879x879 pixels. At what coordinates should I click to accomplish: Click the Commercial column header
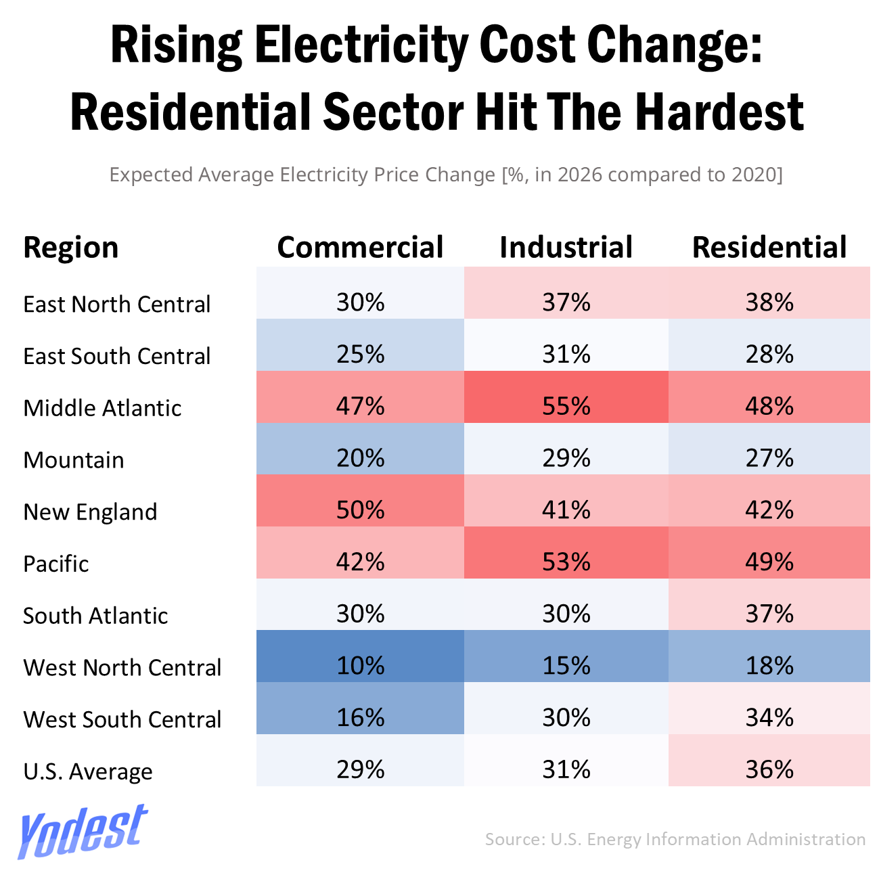click(x=360, y=248)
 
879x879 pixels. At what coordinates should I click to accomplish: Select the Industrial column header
click(x=566, y=248)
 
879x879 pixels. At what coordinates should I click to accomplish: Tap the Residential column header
click(x=769, y=248)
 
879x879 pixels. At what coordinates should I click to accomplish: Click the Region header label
click(x=71, y=248)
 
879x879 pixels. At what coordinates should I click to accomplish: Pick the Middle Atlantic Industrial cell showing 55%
click(x=566, y=406)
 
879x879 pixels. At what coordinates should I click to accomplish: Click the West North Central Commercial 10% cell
click(x=360, y=666)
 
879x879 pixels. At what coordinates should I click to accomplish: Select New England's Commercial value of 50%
click(x=360, y=510)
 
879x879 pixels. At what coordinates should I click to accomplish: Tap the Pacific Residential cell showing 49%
click(x=769, y=562)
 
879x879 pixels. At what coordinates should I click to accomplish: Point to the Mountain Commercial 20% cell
click(x=360, y=458)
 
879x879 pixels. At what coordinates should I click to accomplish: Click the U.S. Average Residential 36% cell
click(x=769, y=769)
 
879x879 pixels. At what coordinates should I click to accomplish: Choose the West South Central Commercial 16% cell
click(x=360, y=717)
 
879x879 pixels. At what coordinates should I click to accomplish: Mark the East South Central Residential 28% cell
click(x=769, y=354)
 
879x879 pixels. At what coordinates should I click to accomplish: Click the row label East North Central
click(x=117, y=305)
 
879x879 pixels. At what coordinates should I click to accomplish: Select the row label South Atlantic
click(x=95, y=616)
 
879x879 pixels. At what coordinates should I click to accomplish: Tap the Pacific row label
click(x=56, y=564)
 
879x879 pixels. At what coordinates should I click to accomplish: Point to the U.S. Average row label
click(x=88, y=771)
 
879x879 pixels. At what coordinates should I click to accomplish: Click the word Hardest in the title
click(x=719, y=112)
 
